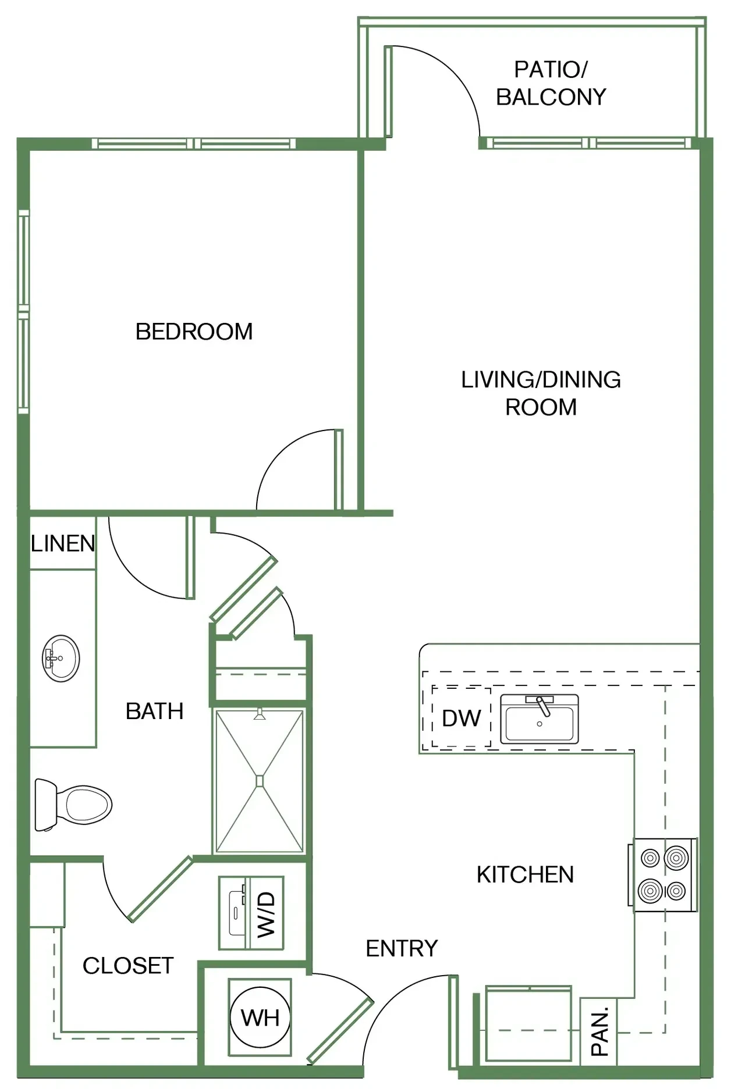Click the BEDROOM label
[x=194, y=332]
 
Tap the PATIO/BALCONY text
[x=551, y=83]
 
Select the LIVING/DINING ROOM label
[x=541, y=393]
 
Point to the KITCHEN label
[x=525, y=874]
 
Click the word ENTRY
[x=402, y=948]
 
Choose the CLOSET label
[x=128, y=966]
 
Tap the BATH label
[x=154, y=711]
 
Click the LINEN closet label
[x=63, y=543]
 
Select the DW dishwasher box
[x=462, y=717]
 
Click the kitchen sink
[x=540, y=719]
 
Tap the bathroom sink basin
[x=61, y=659]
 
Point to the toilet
[x=73, y=805]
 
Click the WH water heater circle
[x=260, y=1018]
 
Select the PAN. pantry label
[x=599, y=1031]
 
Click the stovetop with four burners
[x=663, y=875]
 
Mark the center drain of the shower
[x=260, y=781]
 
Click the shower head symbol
[x=260, y=715]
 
